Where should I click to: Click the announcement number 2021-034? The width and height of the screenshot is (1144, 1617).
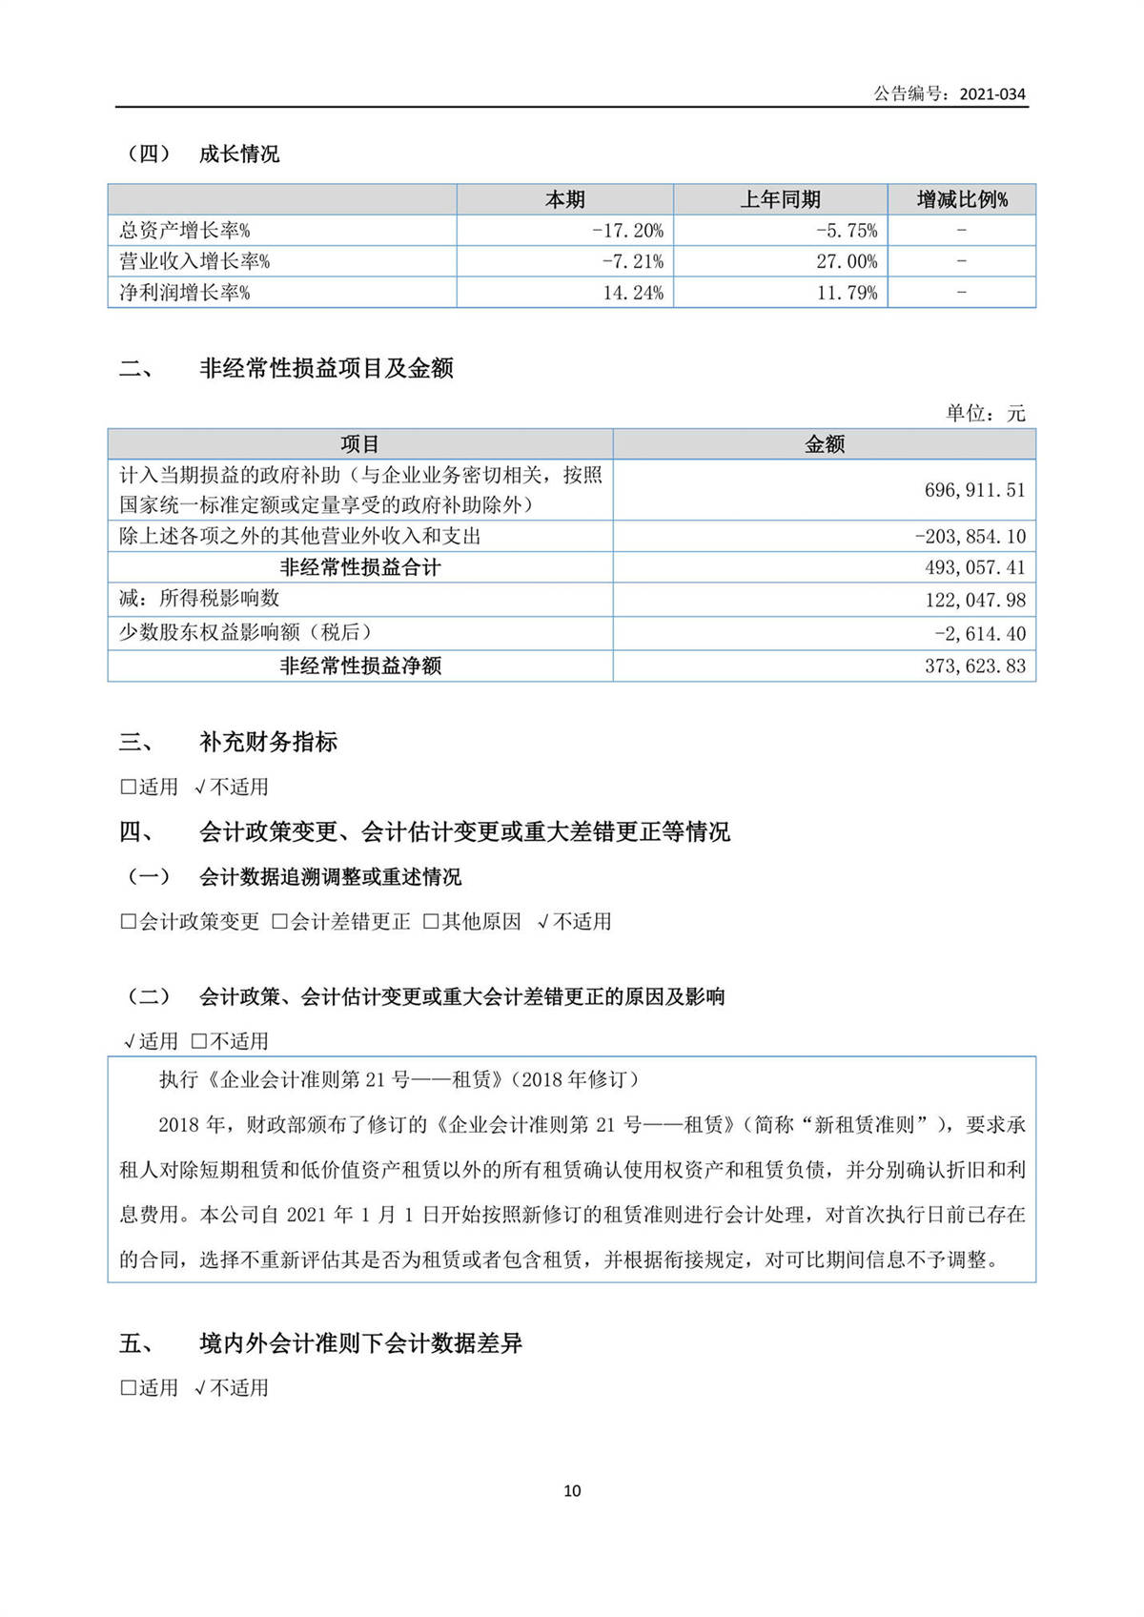991,93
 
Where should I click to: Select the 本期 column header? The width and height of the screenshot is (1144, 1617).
564,199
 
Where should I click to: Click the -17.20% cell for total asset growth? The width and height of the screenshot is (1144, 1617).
627,231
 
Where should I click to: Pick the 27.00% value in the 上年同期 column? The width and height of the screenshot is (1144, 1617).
847,261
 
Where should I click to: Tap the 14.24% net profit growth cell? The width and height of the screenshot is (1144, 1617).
633,293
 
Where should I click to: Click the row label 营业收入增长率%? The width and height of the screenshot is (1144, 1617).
194,261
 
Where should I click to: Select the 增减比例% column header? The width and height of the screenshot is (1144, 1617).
961,199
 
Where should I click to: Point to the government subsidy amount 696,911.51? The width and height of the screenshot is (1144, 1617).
974,490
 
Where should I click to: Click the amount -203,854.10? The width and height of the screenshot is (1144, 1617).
970,536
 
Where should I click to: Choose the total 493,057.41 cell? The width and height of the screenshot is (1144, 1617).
974,567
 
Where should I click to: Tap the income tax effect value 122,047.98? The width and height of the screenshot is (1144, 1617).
974,600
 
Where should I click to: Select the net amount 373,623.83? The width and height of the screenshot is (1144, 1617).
974,665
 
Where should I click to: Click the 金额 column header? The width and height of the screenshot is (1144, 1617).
825,444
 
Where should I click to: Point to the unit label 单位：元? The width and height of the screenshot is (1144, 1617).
985,413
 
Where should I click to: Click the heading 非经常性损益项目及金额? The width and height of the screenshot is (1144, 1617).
326,368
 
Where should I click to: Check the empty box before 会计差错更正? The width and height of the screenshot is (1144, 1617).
279,922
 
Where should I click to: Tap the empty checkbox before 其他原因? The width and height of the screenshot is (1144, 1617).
430,922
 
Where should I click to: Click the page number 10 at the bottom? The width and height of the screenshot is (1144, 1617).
572,1490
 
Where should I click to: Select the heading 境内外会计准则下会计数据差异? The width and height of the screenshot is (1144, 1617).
360,1343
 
